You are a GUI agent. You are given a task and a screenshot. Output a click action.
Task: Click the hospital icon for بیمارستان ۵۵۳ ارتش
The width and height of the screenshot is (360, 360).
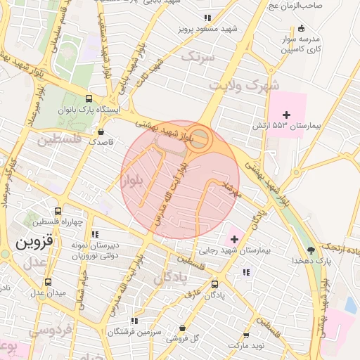pyautogui.click(x=286, y=115)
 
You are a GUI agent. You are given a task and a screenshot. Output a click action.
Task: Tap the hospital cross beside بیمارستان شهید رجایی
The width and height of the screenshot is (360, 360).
pyautogui.click(x=234, y=240)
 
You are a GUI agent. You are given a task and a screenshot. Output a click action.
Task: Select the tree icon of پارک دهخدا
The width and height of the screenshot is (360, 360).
pyautogui.click(x=311, y=250)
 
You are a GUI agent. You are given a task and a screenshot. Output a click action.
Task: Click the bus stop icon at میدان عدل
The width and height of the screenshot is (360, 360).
pyautogui.click(x=38, y=281)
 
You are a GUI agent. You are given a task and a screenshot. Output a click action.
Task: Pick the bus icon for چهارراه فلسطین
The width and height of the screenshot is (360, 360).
pyautogui.click(x=58, y=210)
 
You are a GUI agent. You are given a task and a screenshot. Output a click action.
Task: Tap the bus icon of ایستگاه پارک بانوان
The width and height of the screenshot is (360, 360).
pyautogui.click(x=88, y=99)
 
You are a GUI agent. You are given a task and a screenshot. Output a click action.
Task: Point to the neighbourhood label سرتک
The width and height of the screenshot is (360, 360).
pyautogui.click(x=197, y=57)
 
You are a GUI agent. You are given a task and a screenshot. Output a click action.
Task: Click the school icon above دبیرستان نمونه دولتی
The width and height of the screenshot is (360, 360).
pyautogui.click(x=95, y=233)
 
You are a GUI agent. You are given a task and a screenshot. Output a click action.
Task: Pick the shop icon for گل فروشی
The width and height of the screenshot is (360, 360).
pyautogui.click(x=183, y=328)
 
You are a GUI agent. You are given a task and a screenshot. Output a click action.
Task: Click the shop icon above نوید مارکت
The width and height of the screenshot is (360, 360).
pyautogui.click(x=246, y=336)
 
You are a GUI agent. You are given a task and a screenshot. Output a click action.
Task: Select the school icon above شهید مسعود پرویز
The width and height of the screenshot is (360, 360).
pyautogui.click(x=207, y=18)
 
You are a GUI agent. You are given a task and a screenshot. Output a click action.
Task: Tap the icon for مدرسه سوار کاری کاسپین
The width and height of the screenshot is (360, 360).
pyautogui.click(x=302, y=29)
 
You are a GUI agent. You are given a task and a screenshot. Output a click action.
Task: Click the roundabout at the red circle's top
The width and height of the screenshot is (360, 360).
pyautogui.click(x=199, y=138)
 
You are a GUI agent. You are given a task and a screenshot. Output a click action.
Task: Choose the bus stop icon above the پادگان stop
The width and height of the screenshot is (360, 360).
pyautogui.click(x=214, y=285)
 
